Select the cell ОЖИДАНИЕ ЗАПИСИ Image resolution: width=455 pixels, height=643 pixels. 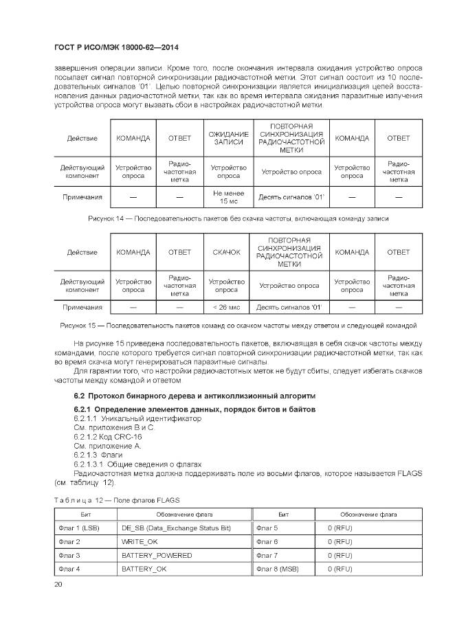click(x=228, y=138)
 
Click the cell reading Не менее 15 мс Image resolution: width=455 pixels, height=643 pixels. click(x=228, y=197)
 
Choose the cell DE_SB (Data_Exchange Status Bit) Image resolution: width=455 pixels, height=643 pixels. click(x=176, y=528)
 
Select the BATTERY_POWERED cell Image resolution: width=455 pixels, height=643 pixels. click(x=156, y=555)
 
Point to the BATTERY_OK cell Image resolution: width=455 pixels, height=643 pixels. click(x=144, y=569)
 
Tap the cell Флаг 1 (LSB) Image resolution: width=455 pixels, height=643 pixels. click(x=80, y=528)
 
